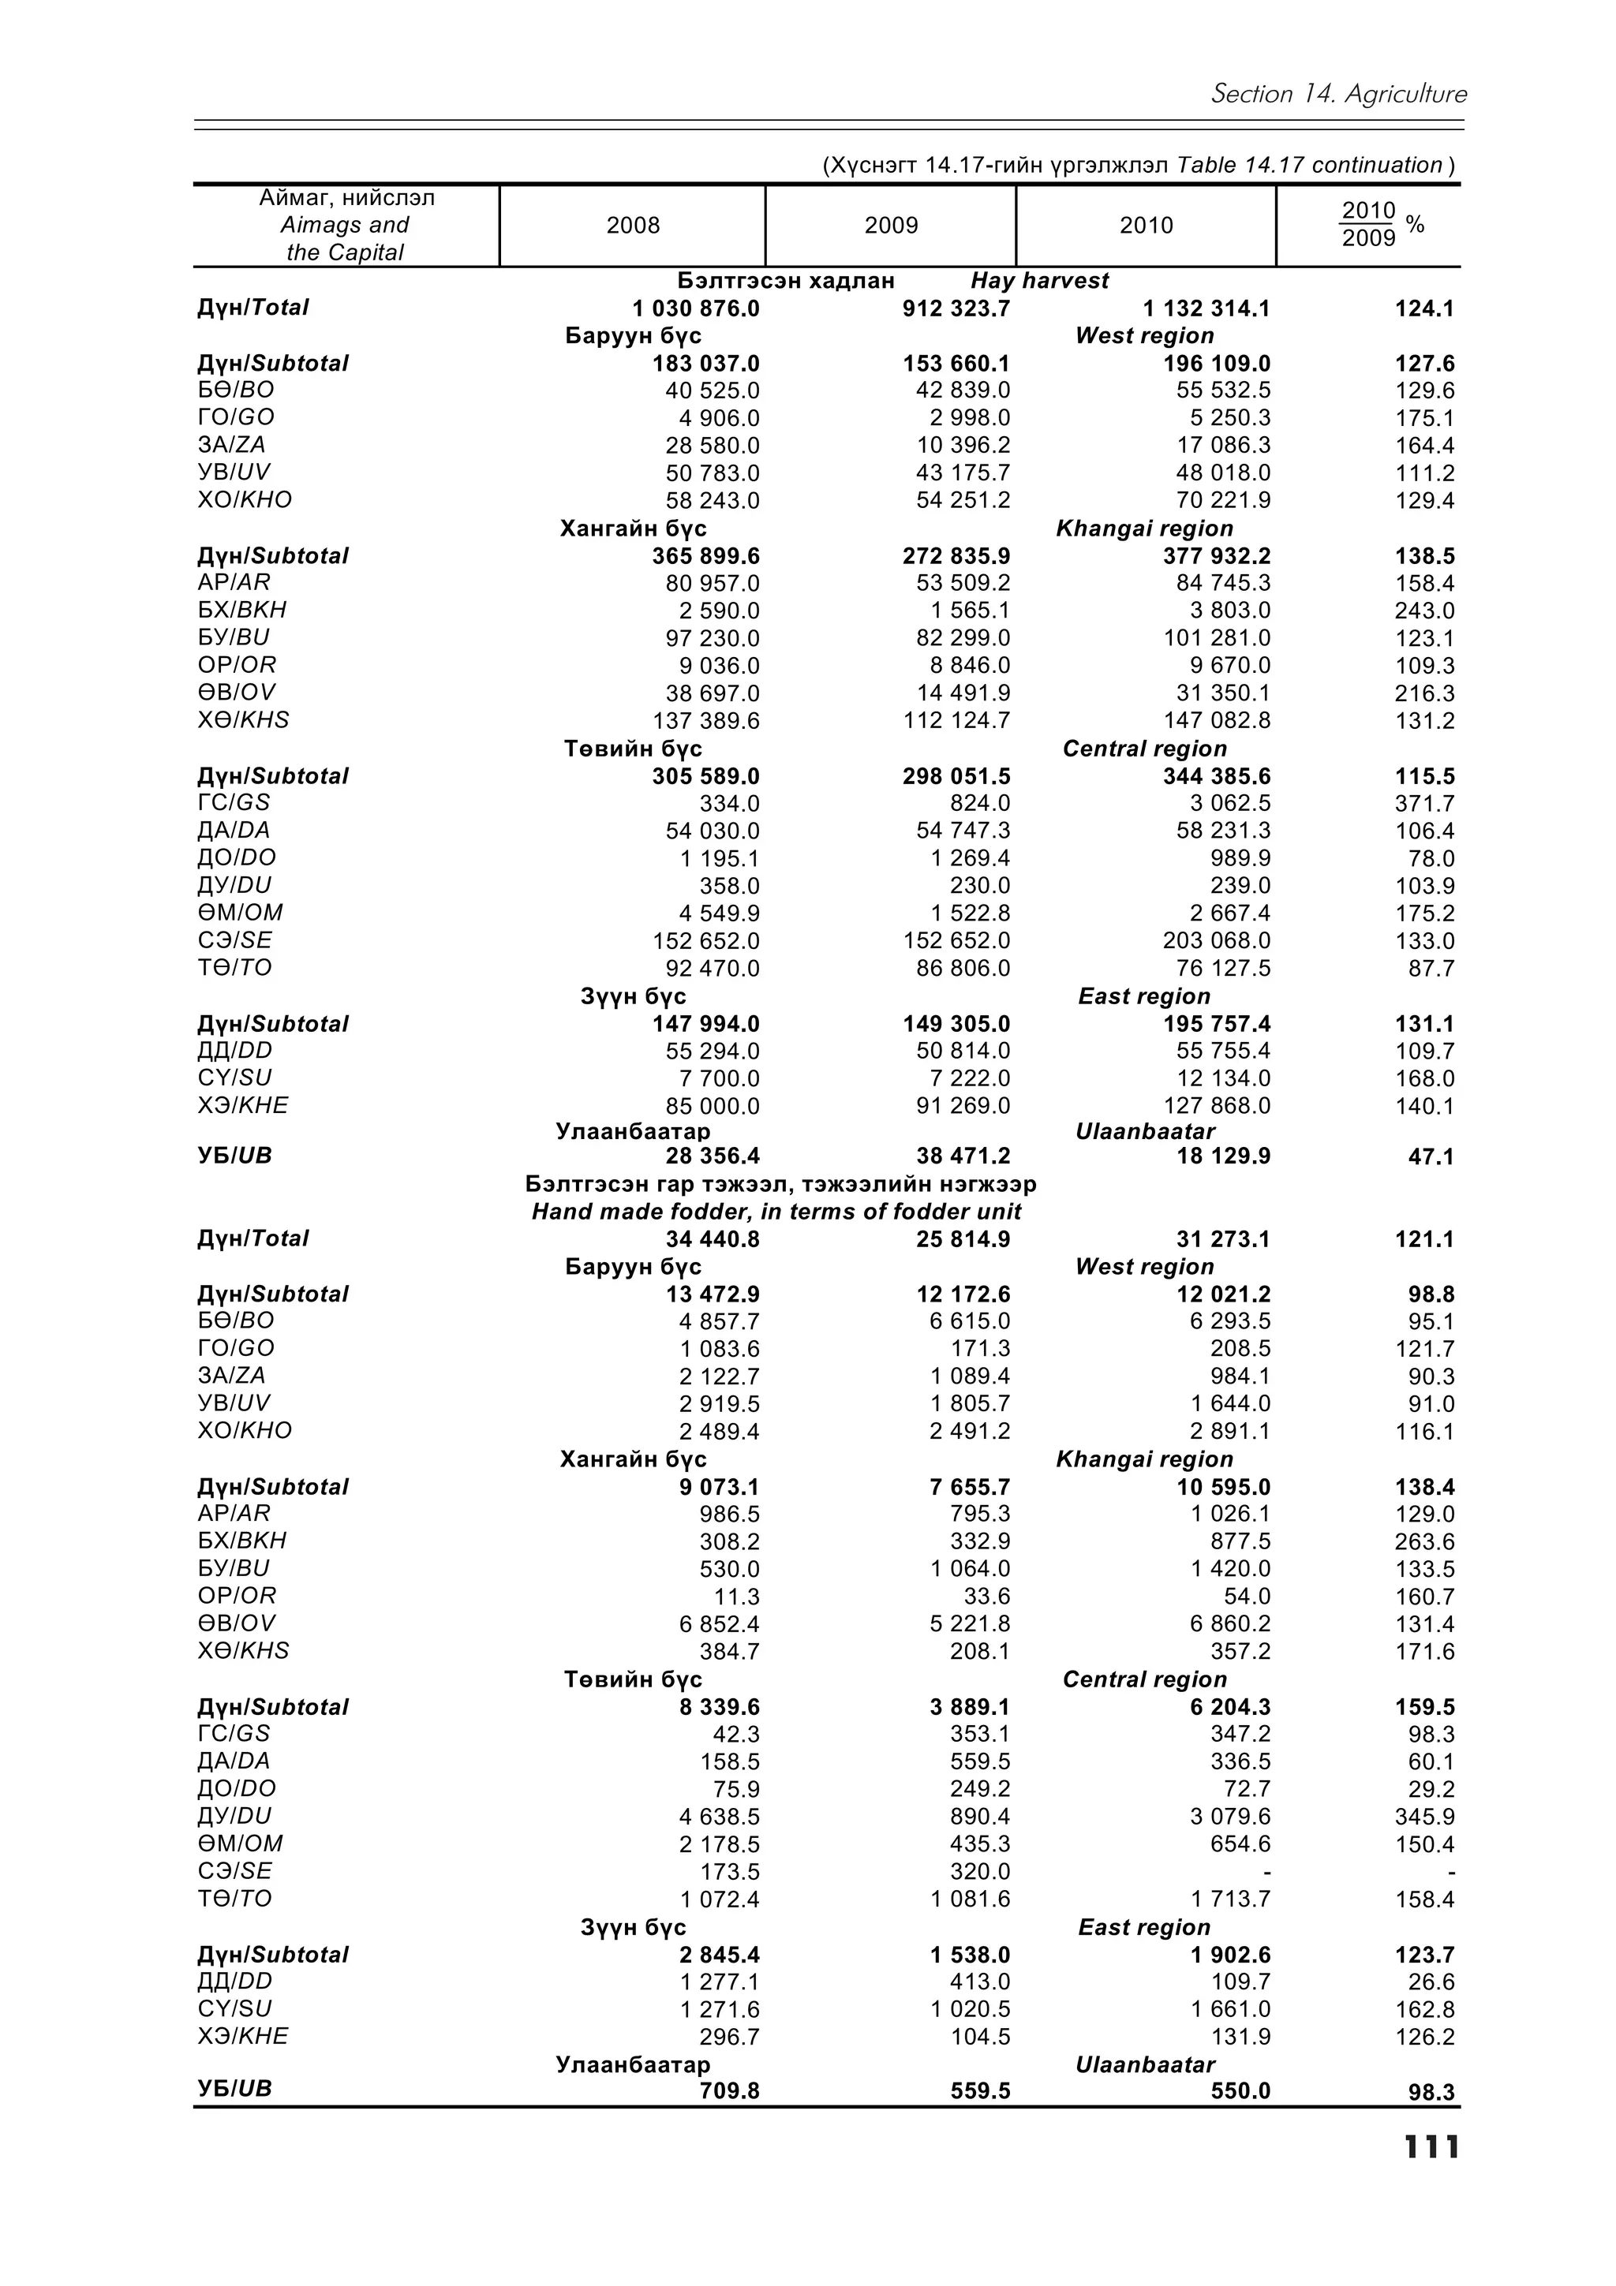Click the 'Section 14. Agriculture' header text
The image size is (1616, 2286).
(x=1338, y=95)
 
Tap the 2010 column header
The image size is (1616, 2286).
(x=1146, y=226)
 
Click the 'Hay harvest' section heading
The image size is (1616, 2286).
(x=1038, y=281)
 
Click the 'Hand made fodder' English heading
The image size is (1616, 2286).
(x=776, y=1212)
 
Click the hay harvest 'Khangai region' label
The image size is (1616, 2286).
(x=1144, y=529)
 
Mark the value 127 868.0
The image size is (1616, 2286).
(x=1217, y=1106)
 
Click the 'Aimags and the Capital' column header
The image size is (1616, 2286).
(x=345, y=226)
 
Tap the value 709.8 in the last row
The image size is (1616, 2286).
(x=729, y=2091)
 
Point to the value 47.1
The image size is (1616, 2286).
(x=1431, y=1157)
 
